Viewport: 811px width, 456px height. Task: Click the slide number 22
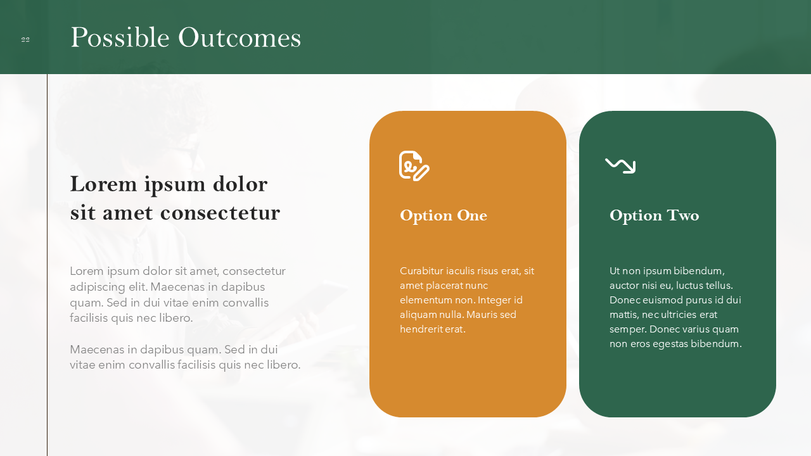click(x=25, y=40)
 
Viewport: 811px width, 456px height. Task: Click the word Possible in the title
click(x=120, y=37)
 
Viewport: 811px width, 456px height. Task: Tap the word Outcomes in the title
click(x=239, y=37)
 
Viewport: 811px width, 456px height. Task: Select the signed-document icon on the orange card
click(x=414, y=166)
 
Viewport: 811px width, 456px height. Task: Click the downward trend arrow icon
click(x=620, y=166)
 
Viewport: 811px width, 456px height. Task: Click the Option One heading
click(x=444, y=216)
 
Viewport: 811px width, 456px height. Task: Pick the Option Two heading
click(x=655, y=216)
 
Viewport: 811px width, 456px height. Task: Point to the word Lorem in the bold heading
click(x=103, y=184)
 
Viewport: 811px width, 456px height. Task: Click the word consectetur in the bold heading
click(x=220, y=213)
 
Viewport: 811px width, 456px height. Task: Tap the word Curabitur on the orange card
click(x=421, y=271)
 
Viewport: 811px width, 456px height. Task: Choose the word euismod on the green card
click(x=663, y=300)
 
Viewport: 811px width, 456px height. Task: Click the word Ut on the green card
click(x=615, y=271)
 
